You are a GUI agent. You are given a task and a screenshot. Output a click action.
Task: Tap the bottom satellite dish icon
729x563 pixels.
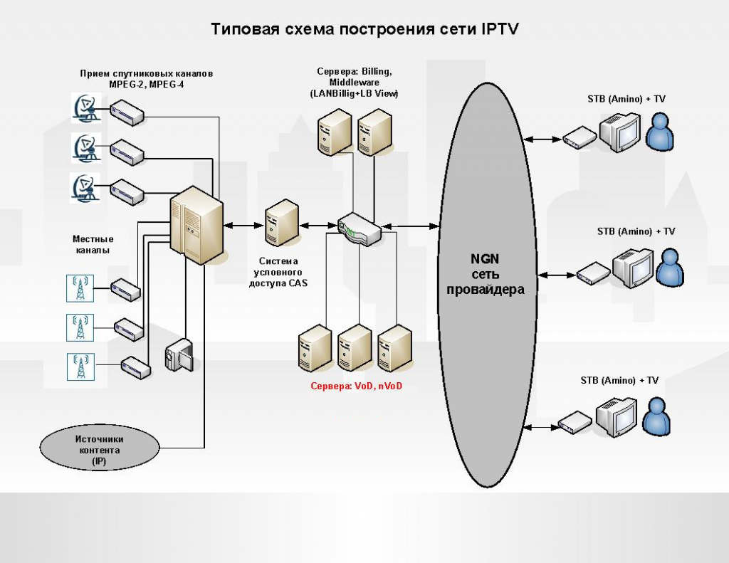[85, 188]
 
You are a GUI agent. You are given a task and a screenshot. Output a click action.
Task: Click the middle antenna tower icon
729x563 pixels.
[80, 327]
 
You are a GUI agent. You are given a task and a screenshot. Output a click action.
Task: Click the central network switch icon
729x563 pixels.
[360, 230]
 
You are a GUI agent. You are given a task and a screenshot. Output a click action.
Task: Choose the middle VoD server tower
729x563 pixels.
[354, 349]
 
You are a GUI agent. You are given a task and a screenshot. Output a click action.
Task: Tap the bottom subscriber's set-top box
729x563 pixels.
[575, 423]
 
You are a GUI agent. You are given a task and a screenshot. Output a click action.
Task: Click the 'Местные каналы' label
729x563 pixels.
[93, 245]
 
